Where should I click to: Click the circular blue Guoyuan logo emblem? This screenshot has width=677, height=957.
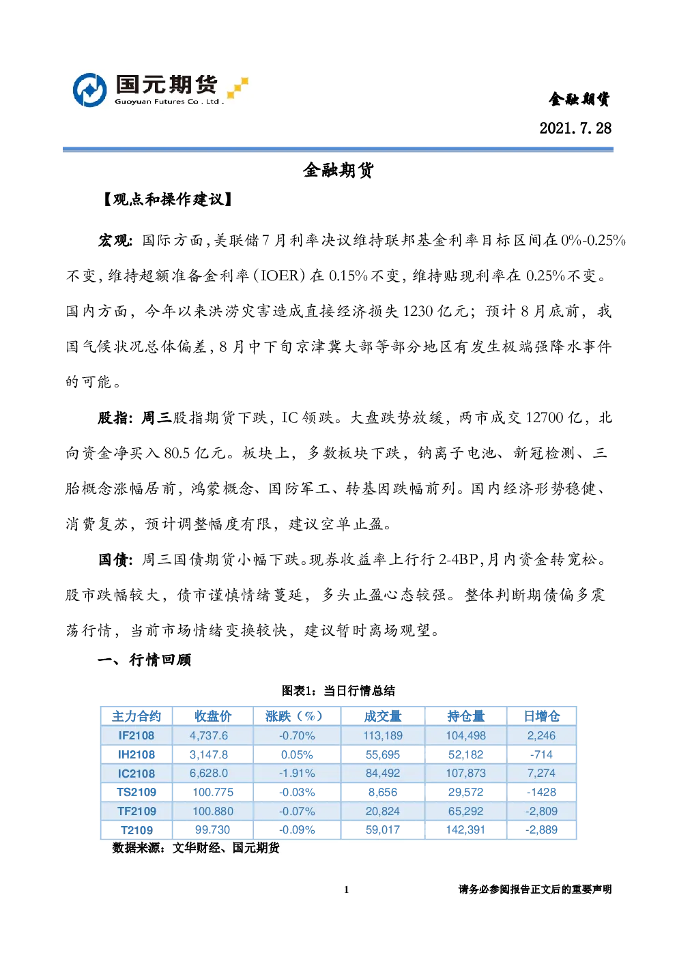point(90,90)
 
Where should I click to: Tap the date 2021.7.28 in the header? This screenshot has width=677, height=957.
point(575,128)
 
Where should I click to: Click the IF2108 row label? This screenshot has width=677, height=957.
point(136,735)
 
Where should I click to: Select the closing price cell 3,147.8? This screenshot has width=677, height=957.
point(209,754)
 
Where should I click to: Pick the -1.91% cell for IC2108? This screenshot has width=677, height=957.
point(297,773)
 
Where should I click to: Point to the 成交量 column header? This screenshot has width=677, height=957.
point(383,716)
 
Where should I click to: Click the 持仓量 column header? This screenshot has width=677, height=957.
point(466,716)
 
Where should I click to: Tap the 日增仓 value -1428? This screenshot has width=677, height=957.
point(541,792)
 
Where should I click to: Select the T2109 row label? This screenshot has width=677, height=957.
point(136,830)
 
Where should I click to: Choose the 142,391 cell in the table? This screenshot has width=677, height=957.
point(466,829)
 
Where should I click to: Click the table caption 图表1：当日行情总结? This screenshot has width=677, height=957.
point(338,691)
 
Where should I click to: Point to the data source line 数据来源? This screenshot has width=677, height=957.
point(196,848)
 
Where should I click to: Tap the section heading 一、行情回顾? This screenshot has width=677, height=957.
point(145,660)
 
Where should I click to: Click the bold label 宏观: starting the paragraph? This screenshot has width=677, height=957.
point(115,241)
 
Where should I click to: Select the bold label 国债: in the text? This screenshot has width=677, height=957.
point(115,560)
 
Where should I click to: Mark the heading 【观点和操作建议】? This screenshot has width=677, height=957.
point(167,200)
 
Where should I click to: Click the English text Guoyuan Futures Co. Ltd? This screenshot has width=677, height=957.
point(169,102)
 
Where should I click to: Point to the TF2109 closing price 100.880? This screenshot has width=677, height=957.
point(213,811)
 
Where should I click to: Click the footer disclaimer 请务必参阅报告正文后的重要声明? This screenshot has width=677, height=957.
point(535,889)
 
